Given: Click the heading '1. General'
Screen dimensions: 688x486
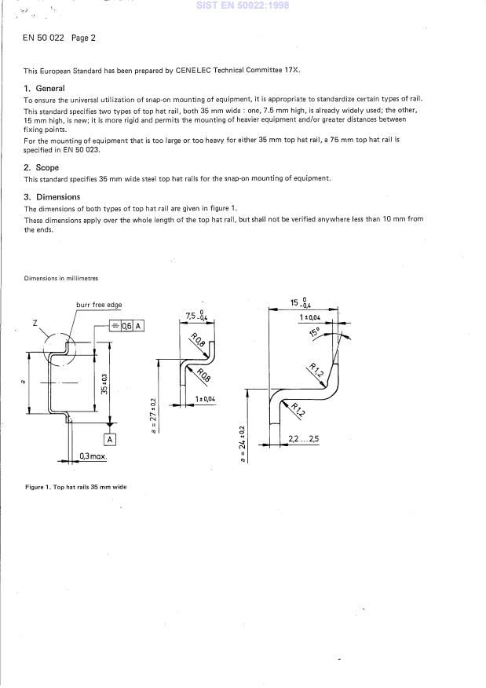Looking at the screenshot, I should pyautogui.click(x=44, y=89).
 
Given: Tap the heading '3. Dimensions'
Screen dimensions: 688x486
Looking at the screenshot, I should pyautogui.click(x=52, y=197).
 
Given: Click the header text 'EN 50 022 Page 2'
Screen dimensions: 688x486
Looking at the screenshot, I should pyautogui.click(x=60, y=38).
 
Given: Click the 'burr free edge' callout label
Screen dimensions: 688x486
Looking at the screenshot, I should pyautogui.click(x=99, y=305).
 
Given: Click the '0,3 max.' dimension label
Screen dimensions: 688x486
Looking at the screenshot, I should pyautogui.click(x=93, y=456).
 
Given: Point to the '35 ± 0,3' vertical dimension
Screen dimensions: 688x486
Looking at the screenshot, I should pyautogui.click(x=104, y=383).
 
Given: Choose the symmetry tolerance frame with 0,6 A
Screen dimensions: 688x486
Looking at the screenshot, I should pyautogui.click(x=127, y=325).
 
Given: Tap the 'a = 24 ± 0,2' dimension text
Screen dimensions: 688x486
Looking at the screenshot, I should pyautogui.click(x=242, y=444).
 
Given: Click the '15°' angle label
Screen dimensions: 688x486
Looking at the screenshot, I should pyautogui.click(x=315, y=332).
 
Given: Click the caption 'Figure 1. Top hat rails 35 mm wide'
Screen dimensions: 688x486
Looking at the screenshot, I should pyautogui.click(x=75, y=487).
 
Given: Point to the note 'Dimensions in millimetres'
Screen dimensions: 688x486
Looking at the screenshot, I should pyautogui.click(x=61, y=278).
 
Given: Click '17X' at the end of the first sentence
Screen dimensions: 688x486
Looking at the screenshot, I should pyautogui.click(x=292, y=70).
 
